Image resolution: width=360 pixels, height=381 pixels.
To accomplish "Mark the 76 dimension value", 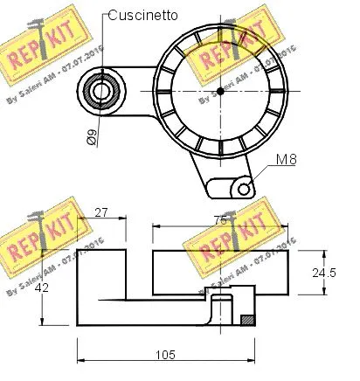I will point(220,220).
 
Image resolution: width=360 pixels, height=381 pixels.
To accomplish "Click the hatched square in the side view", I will point(247,320).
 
